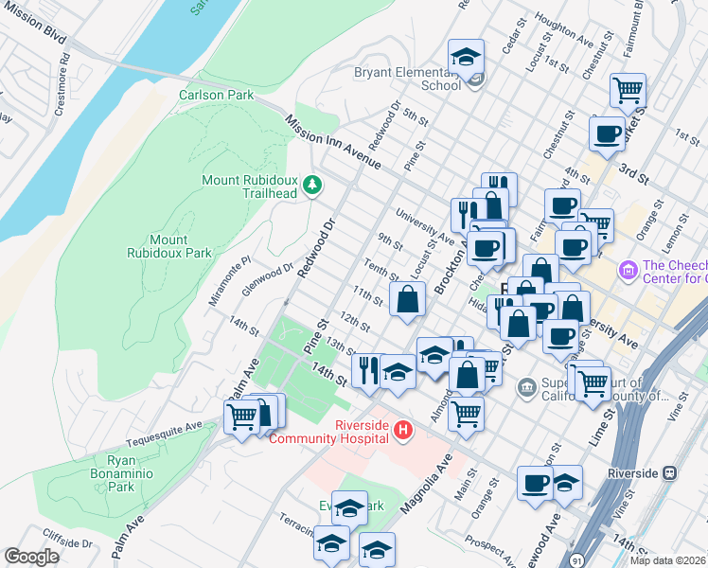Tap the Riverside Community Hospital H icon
[404, 431]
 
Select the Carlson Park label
[217, 95]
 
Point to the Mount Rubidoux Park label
[169, 246]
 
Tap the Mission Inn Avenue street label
[332, 143]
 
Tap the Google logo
[32, 557]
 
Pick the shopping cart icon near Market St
[628, 91]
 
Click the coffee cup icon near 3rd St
[607, 133]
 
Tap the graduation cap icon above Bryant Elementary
[466, 57]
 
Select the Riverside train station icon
[670, 472]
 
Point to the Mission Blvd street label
[34, 32]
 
